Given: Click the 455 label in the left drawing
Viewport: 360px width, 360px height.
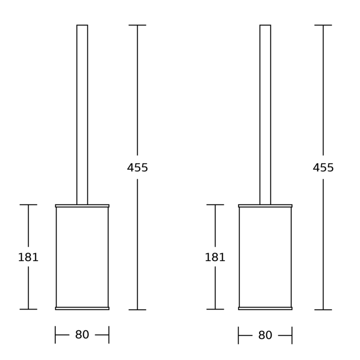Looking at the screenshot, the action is point(137,168).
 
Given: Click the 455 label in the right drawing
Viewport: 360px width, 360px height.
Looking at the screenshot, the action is point(323,168).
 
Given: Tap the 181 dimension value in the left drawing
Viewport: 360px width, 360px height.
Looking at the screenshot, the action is point(28,257).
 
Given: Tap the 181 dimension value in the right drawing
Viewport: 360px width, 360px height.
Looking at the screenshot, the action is point(215,257).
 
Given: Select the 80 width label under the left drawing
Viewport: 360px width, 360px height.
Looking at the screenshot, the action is point(82,335).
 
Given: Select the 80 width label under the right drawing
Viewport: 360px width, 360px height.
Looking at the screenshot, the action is point(265,335).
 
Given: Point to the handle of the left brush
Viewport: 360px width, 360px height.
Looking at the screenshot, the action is point(82,115).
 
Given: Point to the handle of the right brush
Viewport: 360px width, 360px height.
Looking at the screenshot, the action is point(265,115).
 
